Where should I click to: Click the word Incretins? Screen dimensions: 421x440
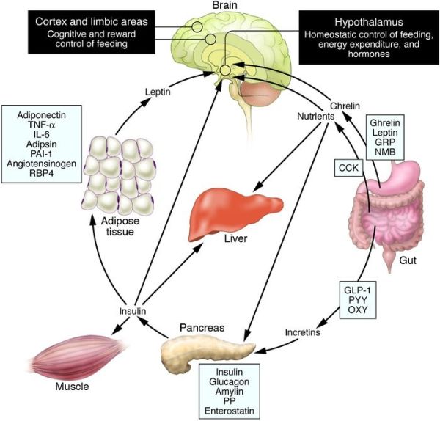click(x=302, y=332)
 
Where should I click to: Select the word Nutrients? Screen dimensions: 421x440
click(x=316, y=116)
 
